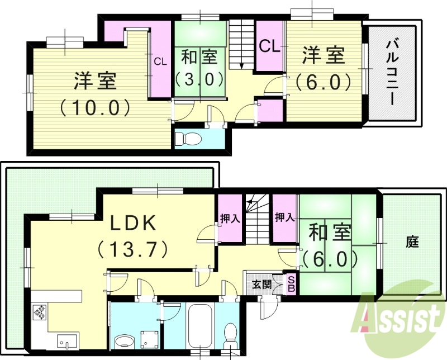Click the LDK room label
pyautogui.click(x=132, y=223)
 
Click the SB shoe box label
pyautogui.click(x=291, y=285)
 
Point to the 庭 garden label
pyautogui.click(x=412, y=242)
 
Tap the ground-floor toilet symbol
pyautogui.click(x=229, y=334)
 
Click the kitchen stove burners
pyautogui.click(x=40, y=312)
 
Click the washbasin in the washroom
pyautogui.click(x=123, y=340)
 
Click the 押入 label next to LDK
pyautogui.click(x=230, y=217)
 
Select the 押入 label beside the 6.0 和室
pyautogui.click(x=284, y=217)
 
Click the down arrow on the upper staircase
pyautogui.click(x=241, y=64)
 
